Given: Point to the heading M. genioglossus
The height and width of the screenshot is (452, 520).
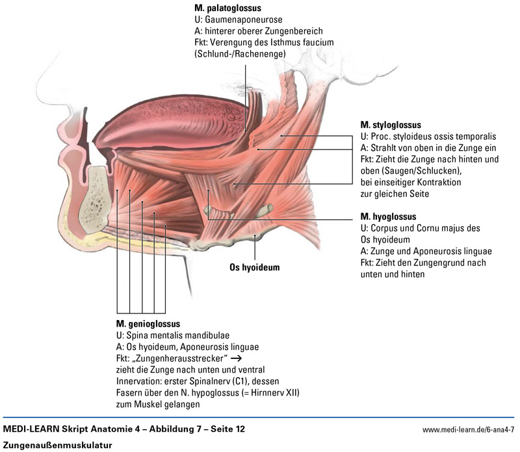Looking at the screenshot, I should click(x=148, y=323).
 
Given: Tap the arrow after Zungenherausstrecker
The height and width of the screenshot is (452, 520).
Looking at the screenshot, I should click(x=236, y=358).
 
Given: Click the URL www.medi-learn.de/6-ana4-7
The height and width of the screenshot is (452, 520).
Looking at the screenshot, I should click(x=468, y=431).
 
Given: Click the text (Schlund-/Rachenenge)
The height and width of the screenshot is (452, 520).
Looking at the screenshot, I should click(x=240, y=53).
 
